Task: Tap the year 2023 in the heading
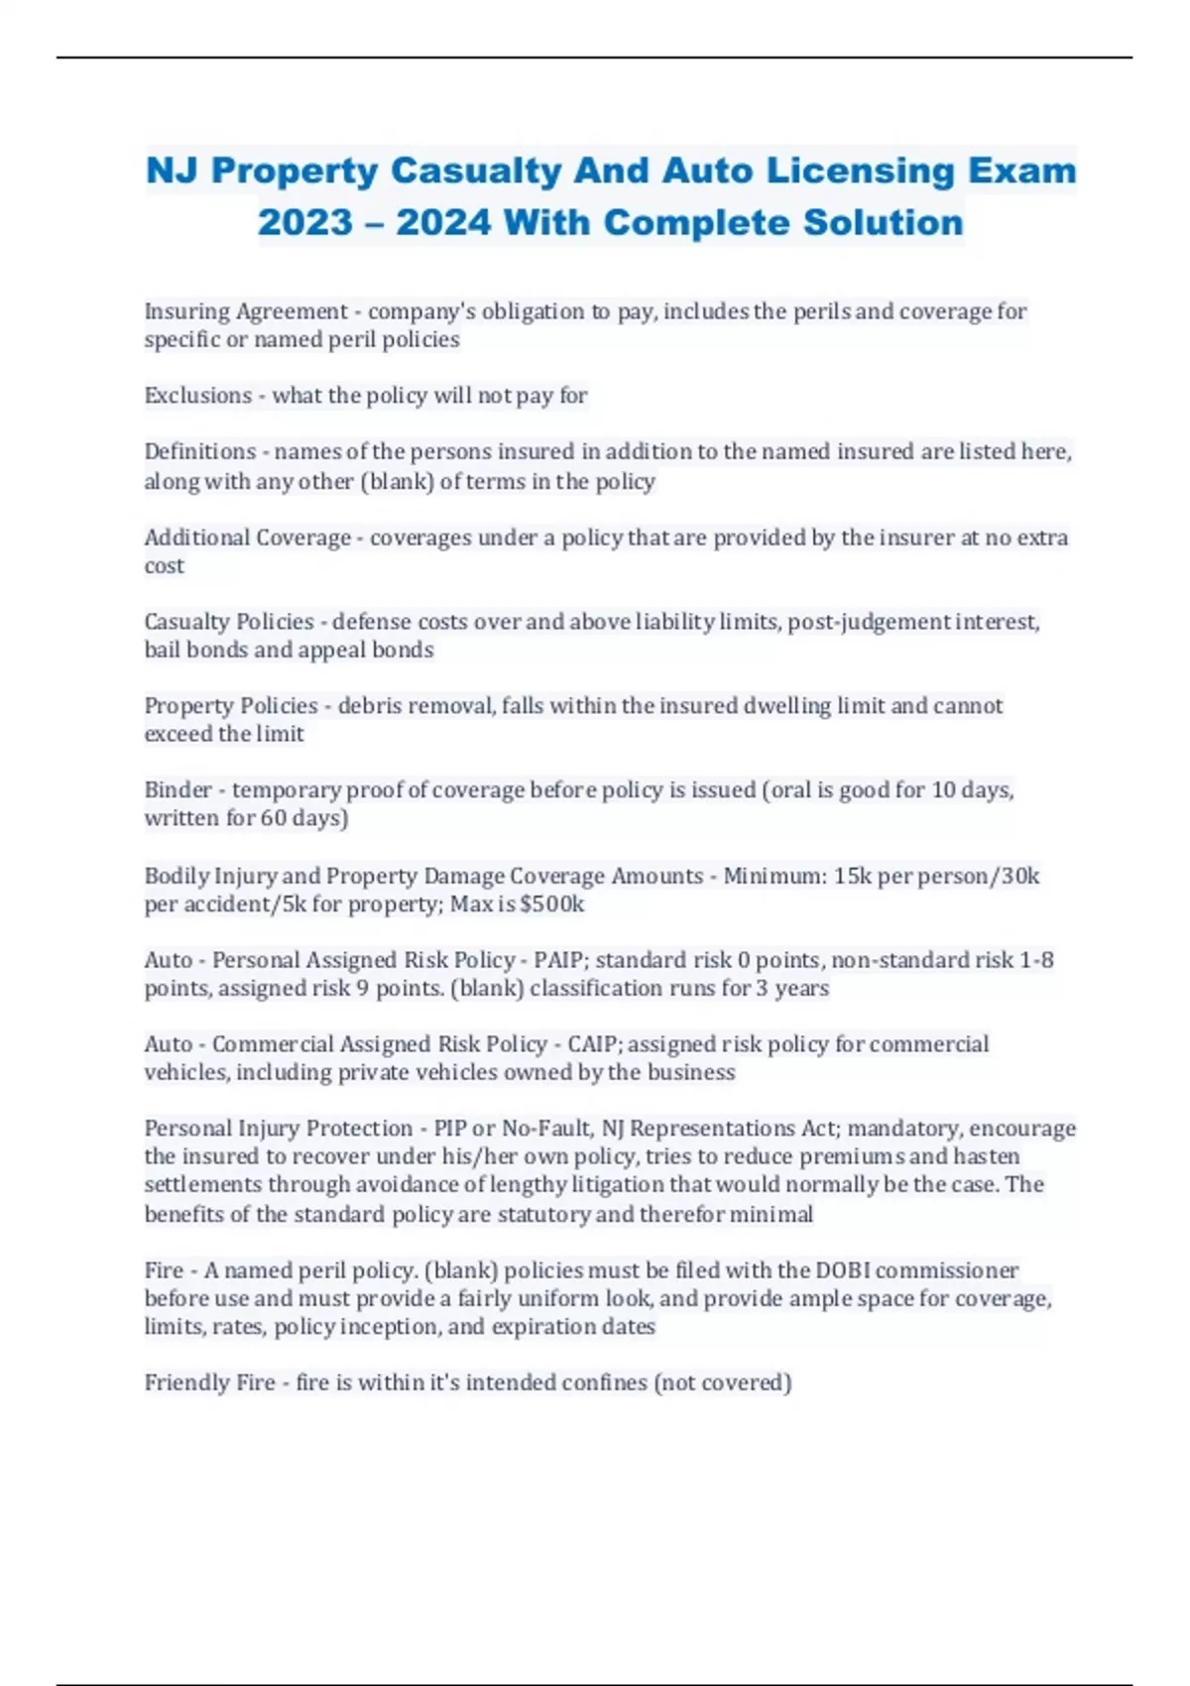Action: click(304, 222)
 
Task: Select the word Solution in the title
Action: click(883, 222)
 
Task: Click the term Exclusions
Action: click(198, 396)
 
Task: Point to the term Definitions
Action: click(200, 452)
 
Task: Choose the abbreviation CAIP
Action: click(593, 1044)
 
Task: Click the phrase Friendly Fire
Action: click(209, 1383)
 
